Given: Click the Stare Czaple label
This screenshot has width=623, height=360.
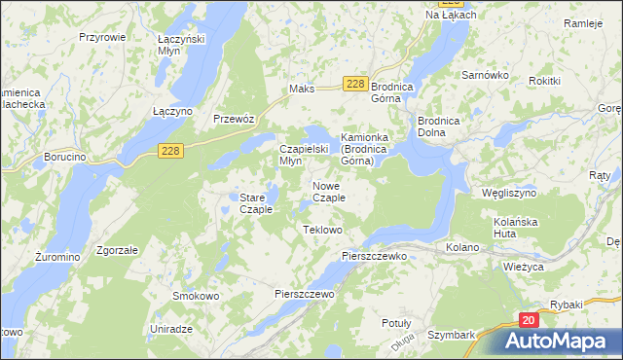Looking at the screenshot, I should pyautogui.click(x=255, y=203).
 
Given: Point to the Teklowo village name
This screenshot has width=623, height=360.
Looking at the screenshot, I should pyautogui.click(x=323, y=230).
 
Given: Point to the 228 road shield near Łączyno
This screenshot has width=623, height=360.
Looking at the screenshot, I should pyautogui.click(x=171, y=149).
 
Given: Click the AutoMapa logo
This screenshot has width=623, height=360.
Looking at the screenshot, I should pyautogui.click(x=559, y=342).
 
